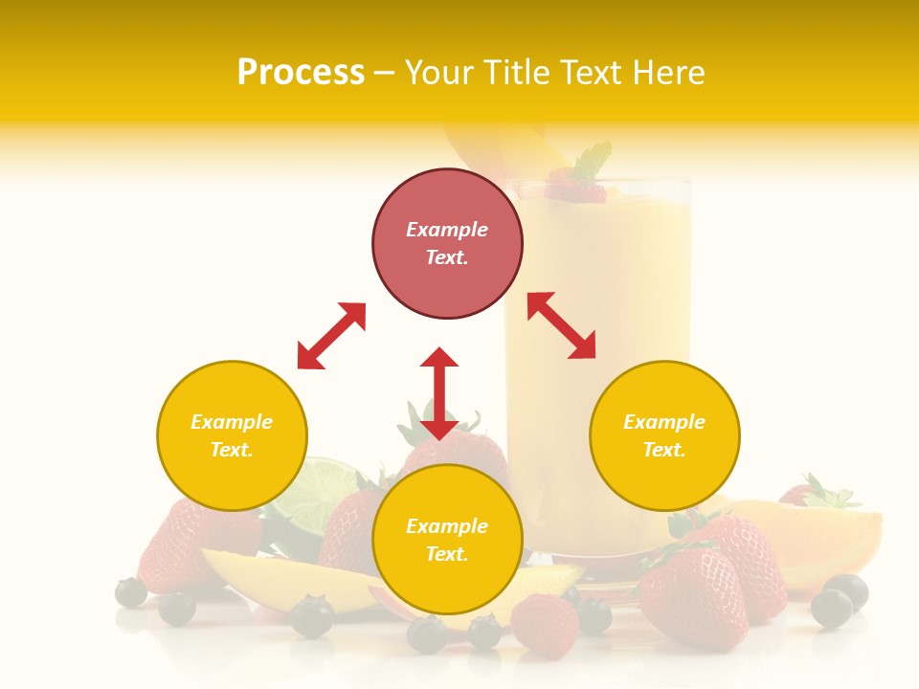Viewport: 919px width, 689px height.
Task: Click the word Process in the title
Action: tap(301, 73)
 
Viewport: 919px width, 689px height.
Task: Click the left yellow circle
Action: tap(232, 435)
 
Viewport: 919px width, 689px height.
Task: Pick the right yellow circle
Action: tap(664, 435)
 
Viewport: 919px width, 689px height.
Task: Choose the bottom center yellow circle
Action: tap(447, 540)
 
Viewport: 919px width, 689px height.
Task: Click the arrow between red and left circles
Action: tap(331, 336)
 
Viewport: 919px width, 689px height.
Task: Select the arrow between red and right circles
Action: tap(562, 325)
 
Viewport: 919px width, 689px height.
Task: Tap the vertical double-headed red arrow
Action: tap(439, 393)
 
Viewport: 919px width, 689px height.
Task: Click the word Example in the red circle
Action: tap(447, 230)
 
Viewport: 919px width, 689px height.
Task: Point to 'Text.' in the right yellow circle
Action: tap(664, 450)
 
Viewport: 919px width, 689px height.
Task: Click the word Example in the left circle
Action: tap(232, 422)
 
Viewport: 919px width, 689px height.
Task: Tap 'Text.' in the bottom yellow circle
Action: tap(447, 554)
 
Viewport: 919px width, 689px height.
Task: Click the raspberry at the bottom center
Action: tap(544, 622)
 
